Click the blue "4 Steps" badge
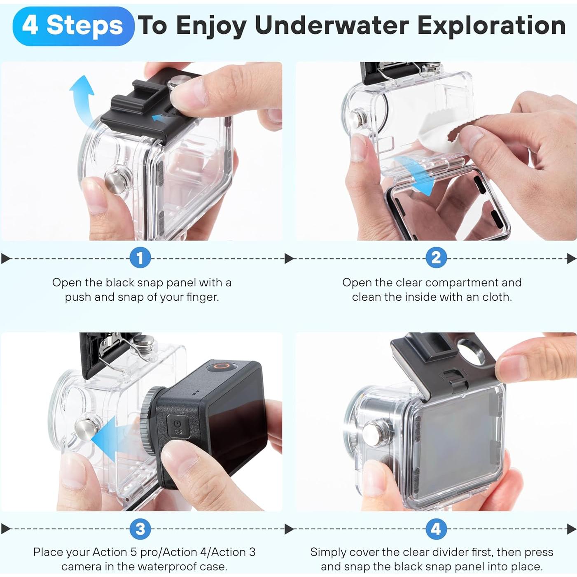click(73, 26)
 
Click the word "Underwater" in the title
click(332, 26)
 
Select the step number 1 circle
click(140, 258)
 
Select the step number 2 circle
click(436, 258)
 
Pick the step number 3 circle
click(140, 529)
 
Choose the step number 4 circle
click(436, 529)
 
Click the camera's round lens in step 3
click(150, 420)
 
